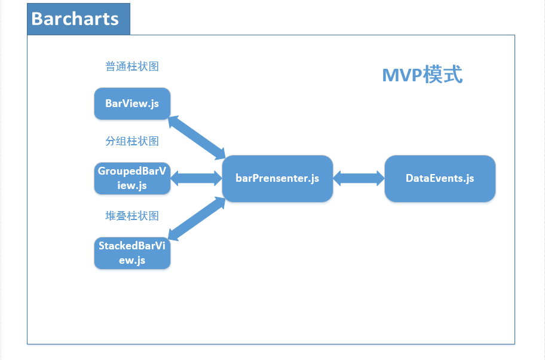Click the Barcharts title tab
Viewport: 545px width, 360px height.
pos(78,19)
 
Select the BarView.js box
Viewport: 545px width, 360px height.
pos(132,103)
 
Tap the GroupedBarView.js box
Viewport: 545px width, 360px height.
pos(132,178)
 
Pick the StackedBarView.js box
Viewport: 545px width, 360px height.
pos(132,253)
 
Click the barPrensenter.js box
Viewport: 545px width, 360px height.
pos(277,178)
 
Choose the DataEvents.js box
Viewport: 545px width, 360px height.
pos(440,178)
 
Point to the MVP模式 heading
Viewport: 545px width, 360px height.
pos(422,74)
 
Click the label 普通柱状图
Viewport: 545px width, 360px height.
pos(132,66)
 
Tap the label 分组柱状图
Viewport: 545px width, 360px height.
pos(132,141)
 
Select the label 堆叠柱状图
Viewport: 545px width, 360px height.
pos(132,216)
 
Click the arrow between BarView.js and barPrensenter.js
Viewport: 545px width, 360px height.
pos(197,138)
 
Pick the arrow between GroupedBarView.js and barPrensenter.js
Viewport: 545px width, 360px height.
pos(197,178)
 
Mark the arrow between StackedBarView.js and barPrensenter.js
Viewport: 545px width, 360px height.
pos(197,219)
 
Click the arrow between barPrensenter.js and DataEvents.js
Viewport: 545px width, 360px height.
pos(359,178)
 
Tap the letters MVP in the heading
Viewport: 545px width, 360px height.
pos(402,75)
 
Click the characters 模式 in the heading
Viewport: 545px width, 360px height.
pos(443,74)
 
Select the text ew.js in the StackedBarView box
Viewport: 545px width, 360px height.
pos(132,261)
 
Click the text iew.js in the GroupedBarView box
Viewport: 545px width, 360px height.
pos(132,186)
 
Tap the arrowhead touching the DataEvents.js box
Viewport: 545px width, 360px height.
pos(381,178)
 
